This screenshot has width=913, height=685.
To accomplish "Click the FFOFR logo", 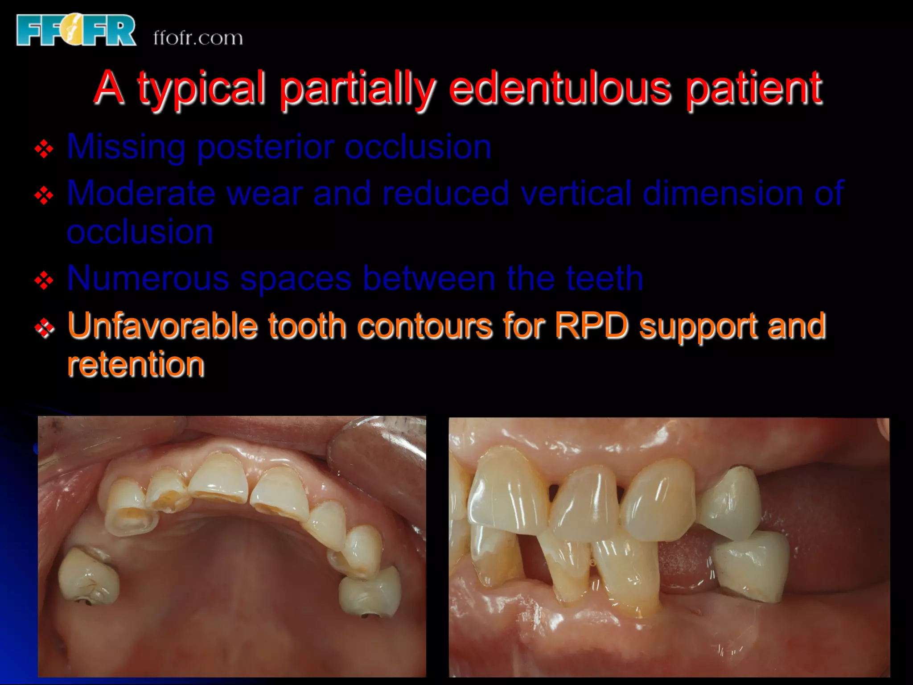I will pyautogui.click(x=76, y=30).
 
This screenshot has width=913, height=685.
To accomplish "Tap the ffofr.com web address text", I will pyautogui.click(x=198, y=38).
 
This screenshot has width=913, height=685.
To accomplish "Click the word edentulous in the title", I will pyautogui.click(x=560, y=88).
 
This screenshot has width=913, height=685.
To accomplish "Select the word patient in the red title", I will pyautogui.click(x=754, y=88).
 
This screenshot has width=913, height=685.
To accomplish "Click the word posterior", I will pyautogui.click(x=266, y=148).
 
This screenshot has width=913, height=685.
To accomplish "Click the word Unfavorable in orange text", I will pyautogui.click(x=163, y=326).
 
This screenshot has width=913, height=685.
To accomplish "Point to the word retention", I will pyautogui.click(x=136, y=364).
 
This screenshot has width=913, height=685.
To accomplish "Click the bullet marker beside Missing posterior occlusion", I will pyautogui.click(x=44, y=149).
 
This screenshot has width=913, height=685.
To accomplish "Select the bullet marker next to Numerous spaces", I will pyautogui.click(x=44, y=281).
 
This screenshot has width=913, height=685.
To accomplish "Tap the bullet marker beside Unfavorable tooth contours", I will pyautogui.click(x=44, y=328).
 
